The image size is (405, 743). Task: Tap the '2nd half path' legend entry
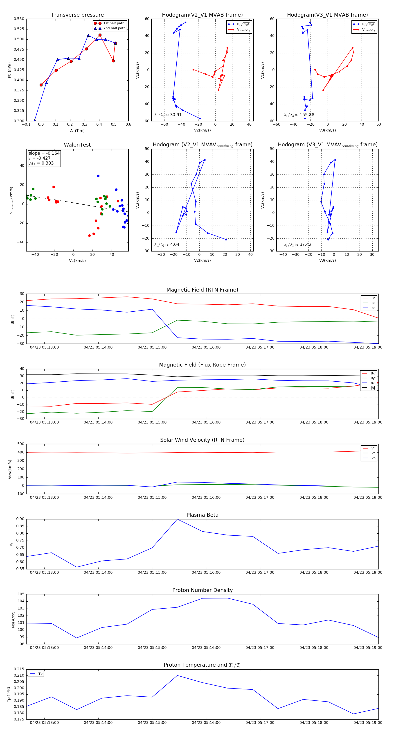click(114, 28)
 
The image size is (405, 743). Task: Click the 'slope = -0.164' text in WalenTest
click(44, 153)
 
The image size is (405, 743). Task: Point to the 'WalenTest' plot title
click(77, 145)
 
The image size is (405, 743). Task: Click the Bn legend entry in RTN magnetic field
click(373, 308)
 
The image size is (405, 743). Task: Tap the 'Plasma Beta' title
click(202, 515)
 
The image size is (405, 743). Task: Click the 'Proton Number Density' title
click(202, 590)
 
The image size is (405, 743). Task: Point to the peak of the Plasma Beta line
click(177, 519)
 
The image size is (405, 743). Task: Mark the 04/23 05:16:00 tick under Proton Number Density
click(206, 648)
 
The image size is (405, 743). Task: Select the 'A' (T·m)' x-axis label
click(77, 131)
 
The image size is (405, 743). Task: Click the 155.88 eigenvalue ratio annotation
click(307, 115)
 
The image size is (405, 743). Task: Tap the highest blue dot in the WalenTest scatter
click(98, 176)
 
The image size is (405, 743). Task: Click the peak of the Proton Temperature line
click(177, 675)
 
